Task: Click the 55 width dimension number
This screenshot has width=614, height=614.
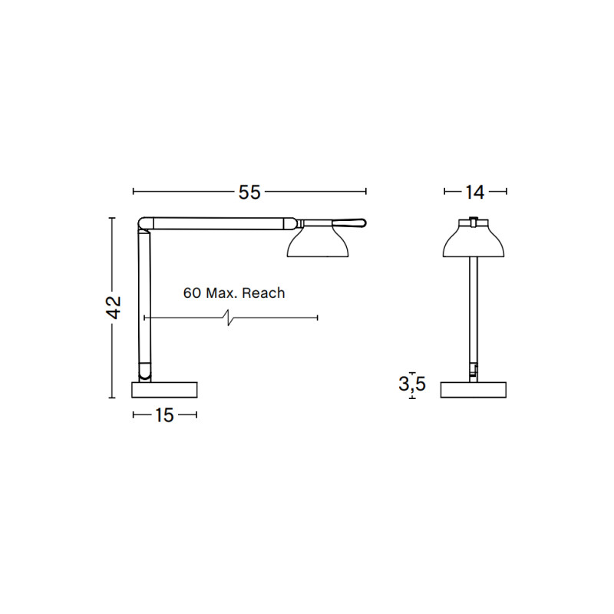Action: [249, 193]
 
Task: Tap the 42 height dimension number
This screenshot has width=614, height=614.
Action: [113, 308]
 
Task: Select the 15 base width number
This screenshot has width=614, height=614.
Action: [164, 415]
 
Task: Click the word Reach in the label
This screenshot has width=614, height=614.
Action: [263, 292]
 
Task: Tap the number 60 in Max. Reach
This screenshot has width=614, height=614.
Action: [192, 292]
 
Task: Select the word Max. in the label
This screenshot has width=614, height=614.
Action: [223, 292]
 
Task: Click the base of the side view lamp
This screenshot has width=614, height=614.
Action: [164, 389]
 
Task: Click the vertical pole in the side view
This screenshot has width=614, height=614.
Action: [144, 299]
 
